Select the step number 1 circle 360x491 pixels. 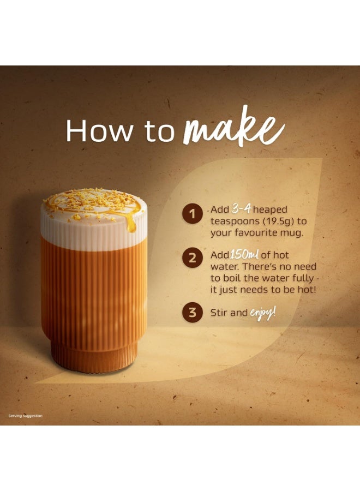191,213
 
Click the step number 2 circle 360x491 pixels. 191,258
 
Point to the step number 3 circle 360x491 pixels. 191,313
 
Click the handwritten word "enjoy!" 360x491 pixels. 263,313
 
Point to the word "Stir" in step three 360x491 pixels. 220,313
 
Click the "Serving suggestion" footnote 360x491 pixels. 25,416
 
